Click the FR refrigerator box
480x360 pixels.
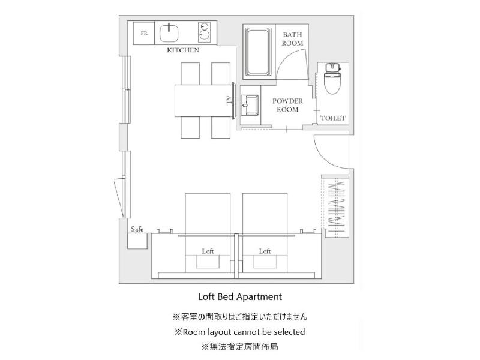(144, 33)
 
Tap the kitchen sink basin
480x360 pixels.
(169, 33)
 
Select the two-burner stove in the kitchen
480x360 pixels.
(204, 32)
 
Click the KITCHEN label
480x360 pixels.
(183, 50)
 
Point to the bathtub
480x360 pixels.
(259, 52)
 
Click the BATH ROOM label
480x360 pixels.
(292, 39)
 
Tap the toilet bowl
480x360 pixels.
(332, 79)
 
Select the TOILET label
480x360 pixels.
(333, 118)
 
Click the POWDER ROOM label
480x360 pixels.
(287, 105)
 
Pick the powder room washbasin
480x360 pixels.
(250, 105)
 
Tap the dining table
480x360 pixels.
(203, 100)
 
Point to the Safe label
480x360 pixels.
(137, 229)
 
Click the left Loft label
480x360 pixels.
(208, 251)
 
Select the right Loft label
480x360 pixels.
(265, 251)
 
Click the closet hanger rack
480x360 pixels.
(337, 209)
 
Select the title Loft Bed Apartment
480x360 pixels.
(240, 296)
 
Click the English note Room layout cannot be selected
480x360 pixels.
(239, 332)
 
